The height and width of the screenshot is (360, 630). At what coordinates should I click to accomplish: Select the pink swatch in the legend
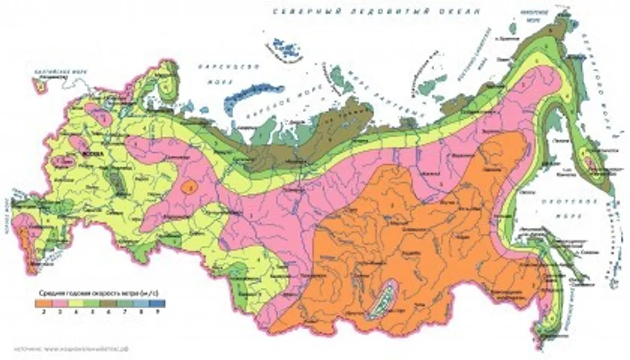click(x=60, y=303)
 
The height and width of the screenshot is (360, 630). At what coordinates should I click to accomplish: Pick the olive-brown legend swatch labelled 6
click(x=110, y=303)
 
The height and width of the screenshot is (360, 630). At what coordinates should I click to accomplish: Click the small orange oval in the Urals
click(x=191, y=185)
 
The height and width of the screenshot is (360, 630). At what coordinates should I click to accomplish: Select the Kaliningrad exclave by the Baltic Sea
click(x=42, y=87)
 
